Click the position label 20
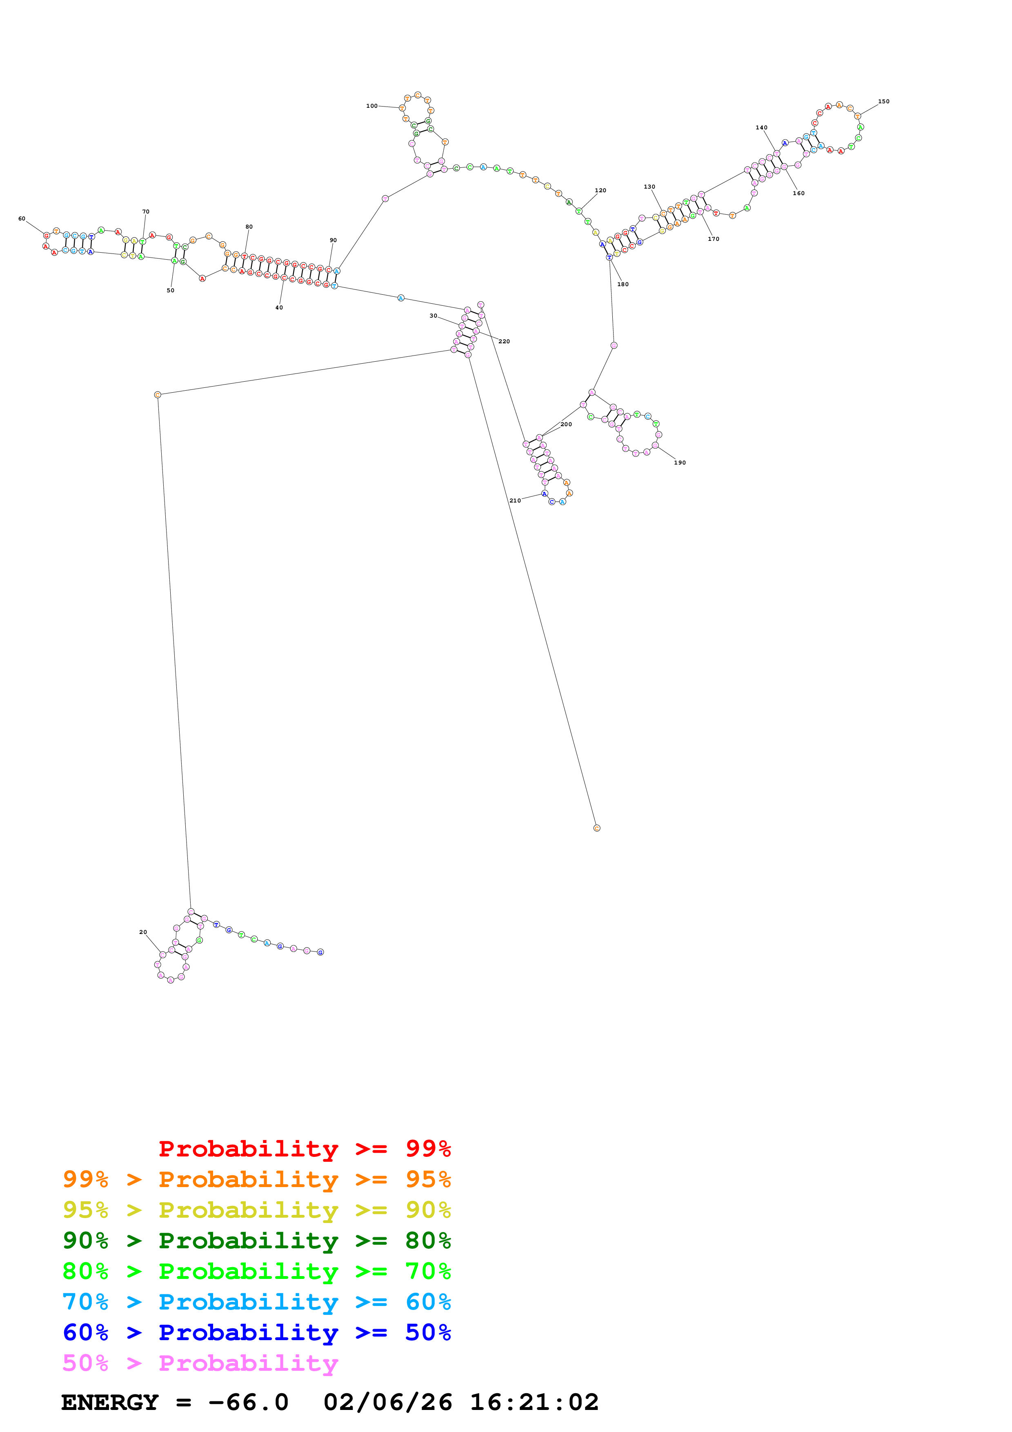[x=143, y=932]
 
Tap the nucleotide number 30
[x=434, y=316]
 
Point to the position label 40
[x=279, y=307]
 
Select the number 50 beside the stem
[x=170, y=290]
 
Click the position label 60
[x=22, y=218]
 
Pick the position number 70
[x=146, y=211]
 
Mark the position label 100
[x=371, y=106]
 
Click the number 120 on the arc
[x=601, y=190]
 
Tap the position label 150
[x=883, y=101]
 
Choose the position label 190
[x=680, y=462]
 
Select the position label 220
[x=504, y=341]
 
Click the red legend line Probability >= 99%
[x=304, y=1148]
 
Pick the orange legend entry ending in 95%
[x=256, y=1179]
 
